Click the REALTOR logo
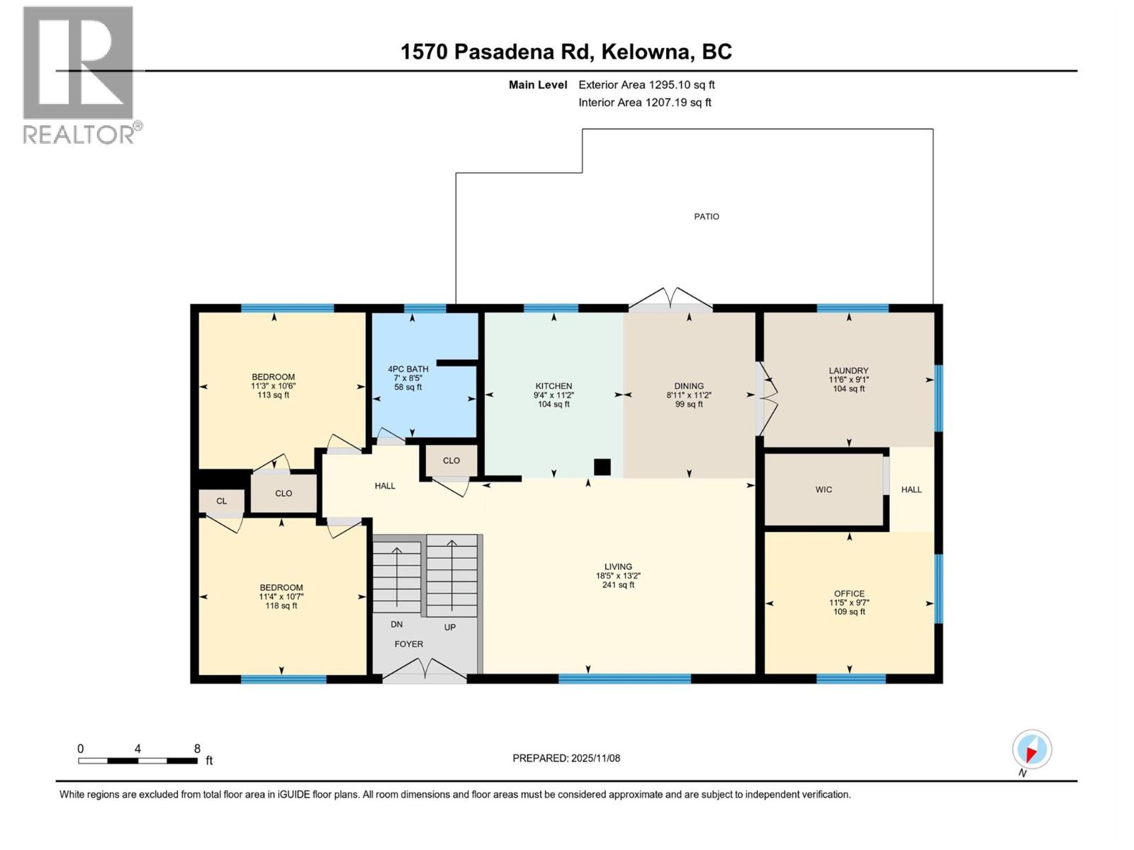[79, 74]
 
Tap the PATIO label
[706, 217]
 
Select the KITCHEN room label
[554, 386]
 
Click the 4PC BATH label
[408, 369]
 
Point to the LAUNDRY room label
[848, 370]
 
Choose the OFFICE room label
[849, 594]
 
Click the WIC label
[824, 489]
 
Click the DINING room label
[689, 386]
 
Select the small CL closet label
[222, 501]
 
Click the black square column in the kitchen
[602, 467]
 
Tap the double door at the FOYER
[425, 669]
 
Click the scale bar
[137, 761]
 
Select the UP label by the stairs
[450, 627]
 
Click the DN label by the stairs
[397, 624]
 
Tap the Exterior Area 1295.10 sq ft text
[646, 84]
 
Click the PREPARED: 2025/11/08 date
[566, 758]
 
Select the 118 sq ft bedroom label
[281, 606]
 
